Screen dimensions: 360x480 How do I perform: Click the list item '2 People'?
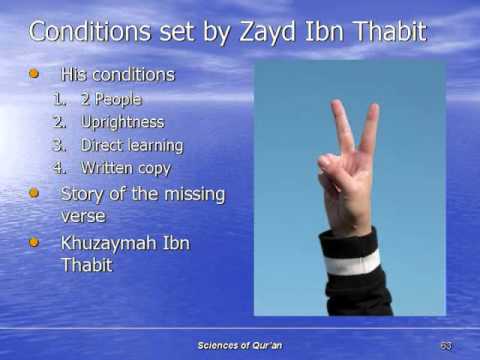pos(111,100)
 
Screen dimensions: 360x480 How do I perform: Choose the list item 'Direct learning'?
pos(132,146)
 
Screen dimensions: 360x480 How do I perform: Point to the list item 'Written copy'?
pos(126,168)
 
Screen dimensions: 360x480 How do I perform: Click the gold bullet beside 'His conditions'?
pos(35,74)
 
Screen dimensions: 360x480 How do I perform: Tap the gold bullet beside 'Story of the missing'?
pos(35,192)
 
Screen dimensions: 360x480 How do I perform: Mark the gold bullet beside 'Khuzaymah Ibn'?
pos(35,242)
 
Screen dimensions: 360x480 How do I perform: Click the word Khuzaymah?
pos(112,243)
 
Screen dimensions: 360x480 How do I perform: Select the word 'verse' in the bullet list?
pos(83,215)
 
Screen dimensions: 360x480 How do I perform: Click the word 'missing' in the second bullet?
pos(190,193)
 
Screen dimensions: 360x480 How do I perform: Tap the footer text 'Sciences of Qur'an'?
pos(240,345)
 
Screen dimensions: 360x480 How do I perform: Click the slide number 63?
pos(445,345)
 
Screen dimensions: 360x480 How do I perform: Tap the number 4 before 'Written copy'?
pos(59,168)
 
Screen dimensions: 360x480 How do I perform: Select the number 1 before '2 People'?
pos(59,100)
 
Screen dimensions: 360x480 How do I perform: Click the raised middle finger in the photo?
pos(369,130)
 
